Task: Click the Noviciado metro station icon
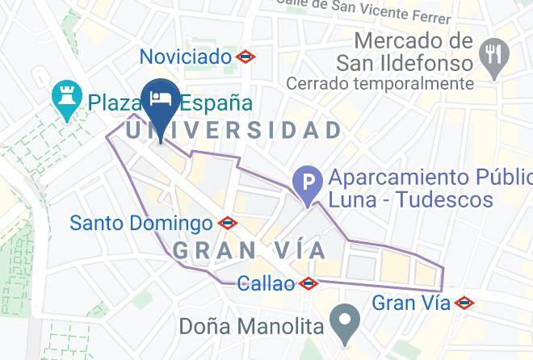click(x=245, y=57)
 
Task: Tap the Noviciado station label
click(x=185, y=57)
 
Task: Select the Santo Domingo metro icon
click(x=227, y=223)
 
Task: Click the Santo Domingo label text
click(x=141, y=223)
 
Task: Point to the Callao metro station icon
click(x=308, y=283)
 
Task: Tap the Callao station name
click(x=266, y=283)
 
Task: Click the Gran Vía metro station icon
click(x=464, y=303)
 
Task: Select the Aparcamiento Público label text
click(x=428, y=177)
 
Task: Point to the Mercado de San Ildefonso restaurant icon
click(x=492, y=55)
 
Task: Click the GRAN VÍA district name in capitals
click(x=250, y=250)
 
